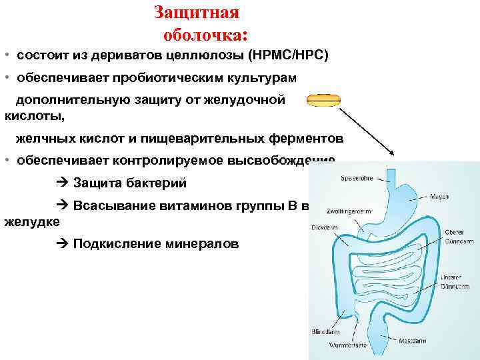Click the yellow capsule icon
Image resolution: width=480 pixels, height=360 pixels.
coord(323,100)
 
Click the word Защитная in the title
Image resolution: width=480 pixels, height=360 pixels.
coord(196,13)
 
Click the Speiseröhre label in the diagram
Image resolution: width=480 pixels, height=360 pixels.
coord(356,178)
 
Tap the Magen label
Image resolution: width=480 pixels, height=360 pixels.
coord(439,196)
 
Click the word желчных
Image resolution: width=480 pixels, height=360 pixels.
coord(43,139)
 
